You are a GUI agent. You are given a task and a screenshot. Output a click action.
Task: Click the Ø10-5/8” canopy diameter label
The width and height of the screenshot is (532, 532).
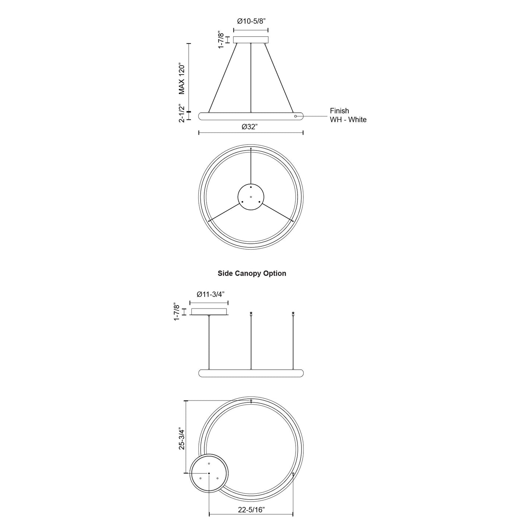coord(251,21)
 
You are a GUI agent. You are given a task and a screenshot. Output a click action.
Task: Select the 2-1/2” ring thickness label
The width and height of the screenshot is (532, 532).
coord(182,113)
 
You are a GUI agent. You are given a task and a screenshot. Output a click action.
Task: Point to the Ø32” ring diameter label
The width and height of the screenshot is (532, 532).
coord(250,127)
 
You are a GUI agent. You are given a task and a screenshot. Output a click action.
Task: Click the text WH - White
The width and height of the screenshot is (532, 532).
coord(348,120)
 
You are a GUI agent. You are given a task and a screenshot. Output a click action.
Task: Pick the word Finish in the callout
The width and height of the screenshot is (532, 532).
coord(339,111)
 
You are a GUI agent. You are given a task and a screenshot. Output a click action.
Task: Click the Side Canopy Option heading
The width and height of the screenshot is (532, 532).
coord(252,273)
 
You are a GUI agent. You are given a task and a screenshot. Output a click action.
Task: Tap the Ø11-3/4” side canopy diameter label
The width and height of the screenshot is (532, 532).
coord(209,294)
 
